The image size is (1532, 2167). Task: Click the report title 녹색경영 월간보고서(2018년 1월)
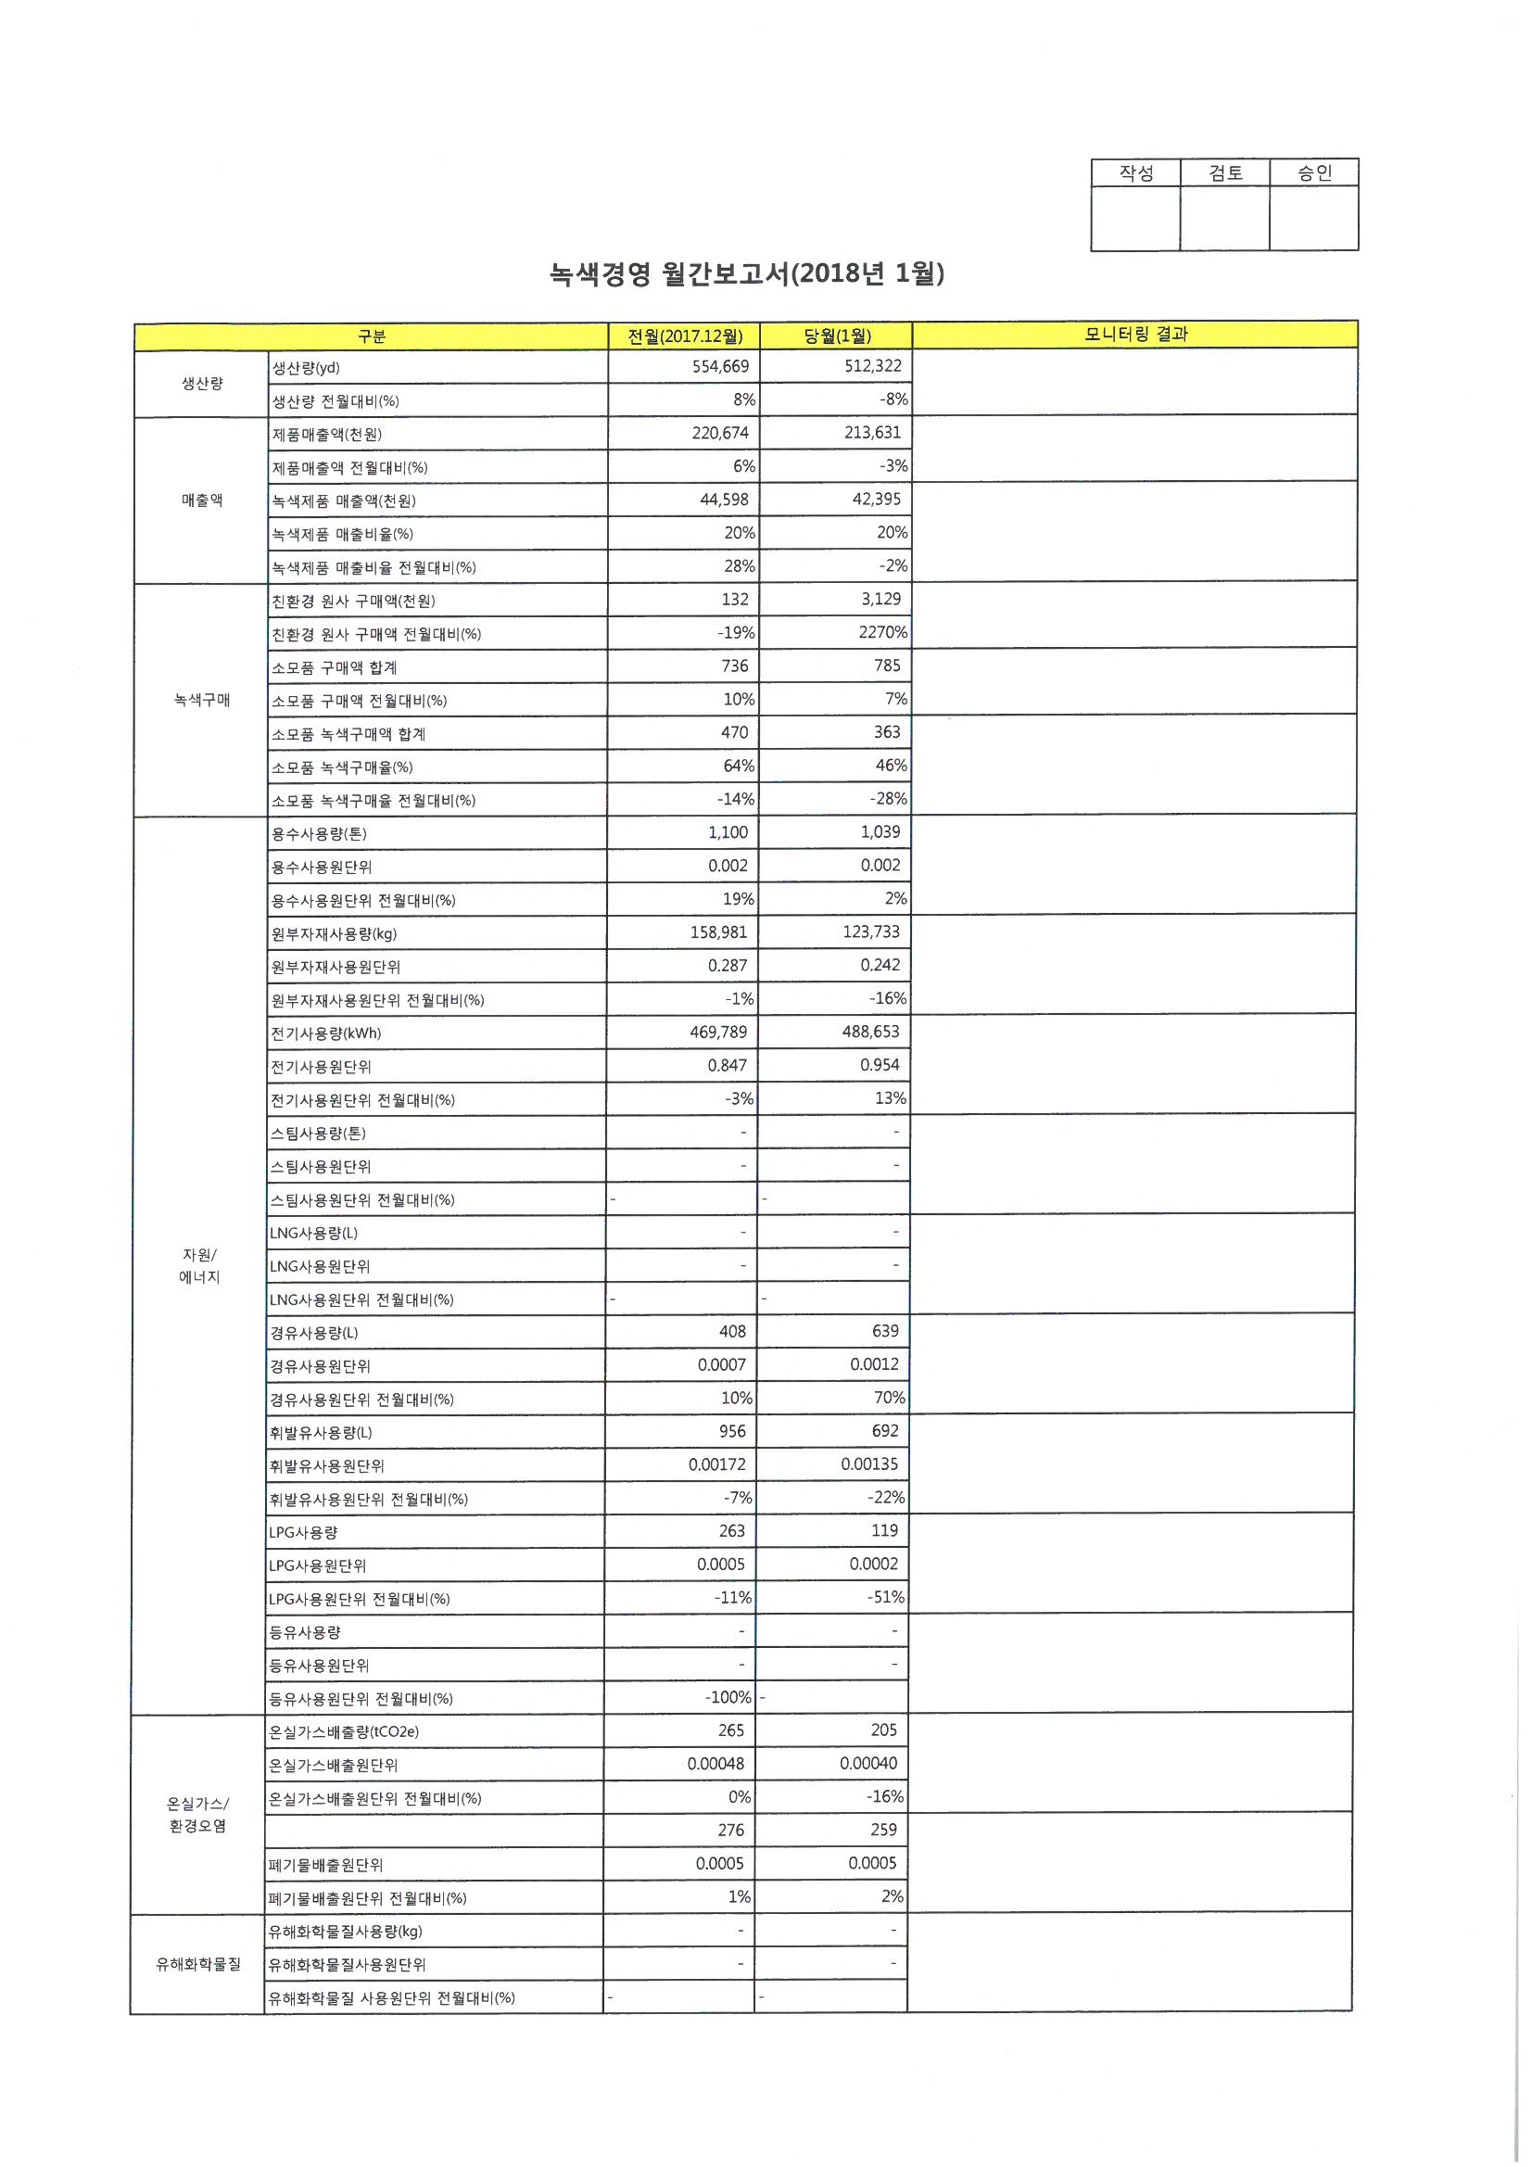(x=747, y=273)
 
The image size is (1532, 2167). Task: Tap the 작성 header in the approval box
(x=1135, y=172)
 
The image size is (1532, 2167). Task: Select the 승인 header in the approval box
(x=1314, y=172)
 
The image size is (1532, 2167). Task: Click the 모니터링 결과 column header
(x=1135, y=334)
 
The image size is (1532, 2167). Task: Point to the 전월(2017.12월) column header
(x=684, y=336)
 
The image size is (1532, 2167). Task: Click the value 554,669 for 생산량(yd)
(x=720, y=366)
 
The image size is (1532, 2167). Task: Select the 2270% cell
(x=882, y=632)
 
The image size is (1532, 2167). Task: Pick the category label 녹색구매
(x=201, y=700)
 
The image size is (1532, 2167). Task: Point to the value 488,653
(x=870, y=1032)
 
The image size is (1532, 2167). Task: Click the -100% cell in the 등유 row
(x=728, y=1697)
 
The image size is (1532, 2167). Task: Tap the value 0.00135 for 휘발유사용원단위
(x=869, y=1464)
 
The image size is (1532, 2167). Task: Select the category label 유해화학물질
(x=198, y=1964)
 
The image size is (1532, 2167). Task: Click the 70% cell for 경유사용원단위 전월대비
(x=889, y=1397)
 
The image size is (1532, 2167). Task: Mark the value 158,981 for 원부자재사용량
(x=718, y=932)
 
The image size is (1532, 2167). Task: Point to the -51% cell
(x=885, y=1597)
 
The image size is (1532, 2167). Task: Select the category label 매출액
(x=202, y=501)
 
